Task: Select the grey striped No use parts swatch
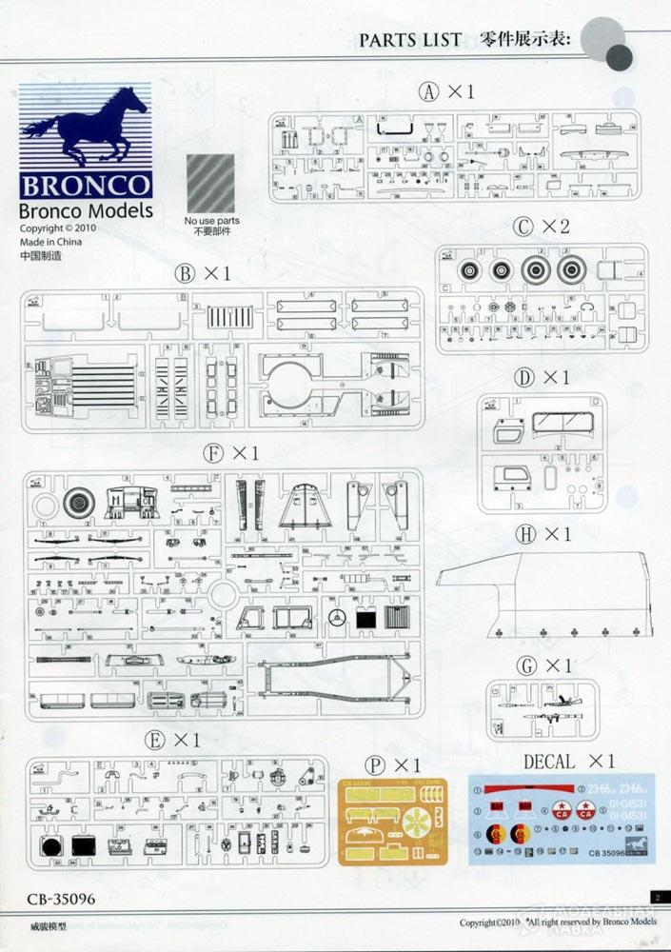coord(210,183)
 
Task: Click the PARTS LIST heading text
coord(409,39)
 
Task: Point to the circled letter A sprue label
coord(431,92)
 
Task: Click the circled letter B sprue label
coord(185,274)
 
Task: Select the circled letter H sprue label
coord(525,535)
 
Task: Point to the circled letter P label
coord(376,765)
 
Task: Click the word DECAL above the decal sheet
coord(549,762)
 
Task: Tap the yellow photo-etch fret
coord(393,821)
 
